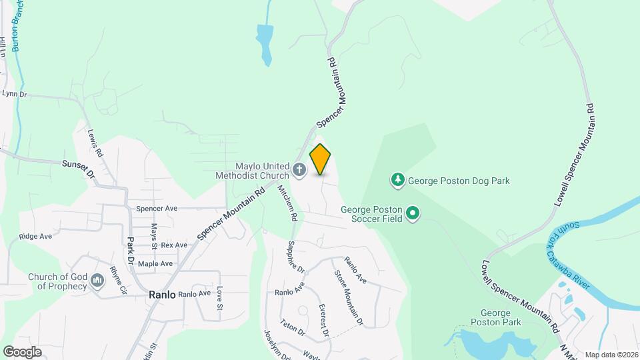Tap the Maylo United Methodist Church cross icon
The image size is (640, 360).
click(x=299, y=170)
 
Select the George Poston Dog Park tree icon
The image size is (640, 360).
click(x=398, y=179)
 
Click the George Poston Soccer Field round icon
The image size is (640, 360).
click(x=413, y=214)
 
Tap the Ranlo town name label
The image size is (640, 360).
click(x=162, y=294)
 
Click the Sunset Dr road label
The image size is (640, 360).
click(x=79, y=166)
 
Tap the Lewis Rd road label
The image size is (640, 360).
click(x=95, y=142)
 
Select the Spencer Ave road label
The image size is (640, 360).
click(x=157, y=209)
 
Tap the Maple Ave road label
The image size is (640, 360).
click(x=155, y=264)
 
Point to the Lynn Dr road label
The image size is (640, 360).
click(x=14, y=95)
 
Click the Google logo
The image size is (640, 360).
click(x=22, y=351)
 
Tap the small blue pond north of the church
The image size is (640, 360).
click(x=265, y=43)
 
